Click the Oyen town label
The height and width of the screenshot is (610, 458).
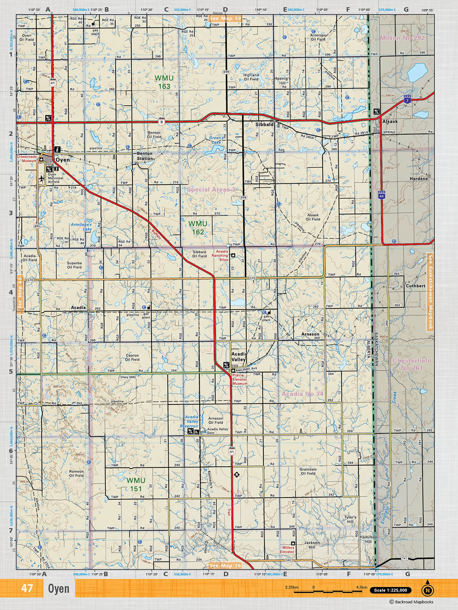point(63,160)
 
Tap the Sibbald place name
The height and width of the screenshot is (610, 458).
point(264,124)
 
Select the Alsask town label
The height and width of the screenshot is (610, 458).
point(390,122)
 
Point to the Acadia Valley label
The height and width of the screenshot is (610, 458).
point(239,356)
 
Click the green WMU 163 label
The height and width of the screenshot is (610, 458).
point(164,82)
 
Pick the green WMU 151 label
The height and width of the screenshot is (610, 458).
point(136,485)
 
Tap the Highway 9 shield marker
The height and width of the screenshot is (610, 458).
point(162,122)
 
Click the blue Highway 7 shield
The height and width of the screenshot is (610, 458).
point(408,100)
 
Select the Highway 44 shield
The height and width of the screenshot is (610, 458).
point(381,195)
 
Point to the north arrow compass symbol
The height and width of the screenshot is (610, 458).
point(427,590)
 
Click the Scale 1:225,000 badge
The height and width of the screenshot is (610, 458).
point(390,590)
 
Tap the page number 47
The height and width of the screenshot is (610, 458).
point(27,588)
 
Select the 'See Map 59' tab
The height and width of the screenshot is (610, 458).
point(225,18)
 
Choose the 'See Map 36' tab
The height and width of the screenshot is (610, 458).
point(225,566)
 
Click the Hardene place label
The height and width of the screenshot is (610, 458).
point(419,178)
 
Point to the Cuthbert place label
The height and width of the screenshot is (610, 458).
point(415,286)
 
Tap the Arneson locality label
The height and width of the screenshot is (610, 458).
point(310,334)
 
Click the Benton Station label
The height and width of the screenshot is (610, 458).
point(145,156)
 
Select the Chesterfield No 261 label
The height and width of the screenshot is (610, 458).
point(412,364)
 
